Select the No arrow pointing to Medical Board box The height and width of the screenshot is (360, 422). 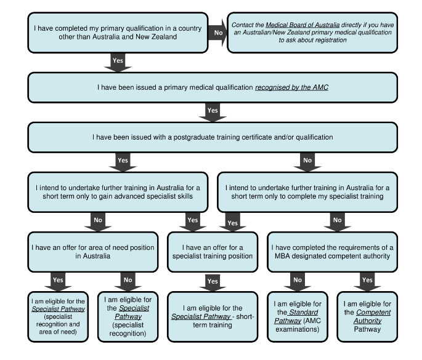tap(217, 30)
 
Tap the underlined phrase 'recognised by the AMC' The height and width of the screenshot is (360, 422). tap(291, 87)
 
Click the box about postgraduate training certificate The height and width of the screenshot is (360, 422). tap(212, 137)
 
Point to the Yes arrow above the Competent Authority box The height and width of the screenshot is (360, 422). tap(367, 280)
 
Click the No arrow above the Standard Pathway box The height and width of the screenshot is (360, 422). tap(298, 280)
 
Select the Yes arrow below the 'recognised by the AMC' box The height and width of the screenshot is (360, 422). tap(213, 111)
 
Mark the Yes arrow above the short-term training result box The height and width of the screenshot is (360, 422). tap(213, 281)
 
